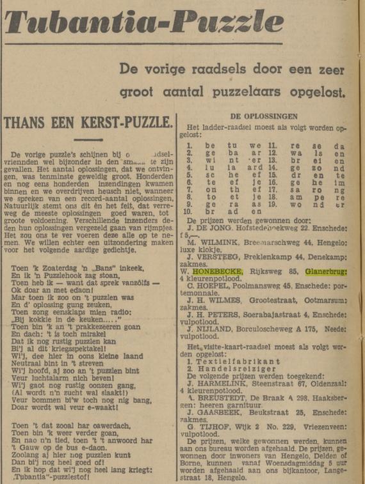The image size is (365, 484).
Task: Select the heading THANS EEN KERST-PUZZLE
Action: (88, 121)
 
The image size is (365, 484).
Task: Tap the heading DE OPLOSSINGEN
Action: (263, 116)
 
